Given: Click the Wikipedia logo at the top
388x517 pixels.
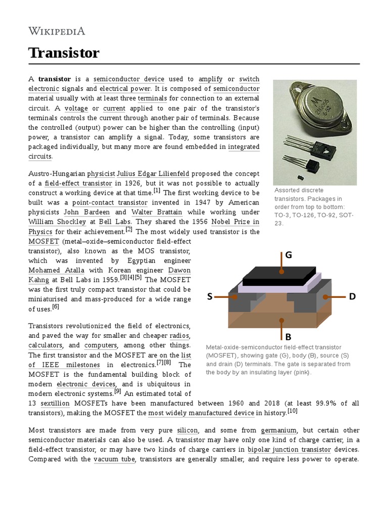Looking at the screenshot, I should pos(57,31).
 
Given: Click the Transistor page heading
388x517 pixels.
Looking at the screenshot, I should pos(64,53).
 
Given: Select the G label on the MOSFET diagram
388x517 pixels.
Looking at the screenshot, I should pos(288,255).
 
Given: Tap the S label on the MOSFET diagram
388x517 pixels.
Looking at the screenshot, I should pos(210,297).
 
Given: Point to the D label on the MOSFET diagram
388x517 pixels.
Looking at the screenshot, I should pos(352,297).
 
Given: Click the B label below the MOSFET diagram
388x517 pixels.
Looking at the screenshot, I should pos(288,337).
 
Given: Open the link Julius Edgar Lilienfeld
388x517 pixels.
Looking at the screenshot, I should pos(153,174).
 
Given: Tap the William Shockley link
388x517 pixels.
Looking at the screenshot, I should pos(57,222).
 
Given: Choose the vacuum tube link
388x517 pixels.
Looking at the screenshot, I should pos(114,459).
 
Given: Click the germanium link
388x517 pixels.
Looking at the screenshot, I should pos(279,430).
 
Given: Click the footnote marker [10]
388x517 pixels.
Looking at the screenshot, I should pos(293,411).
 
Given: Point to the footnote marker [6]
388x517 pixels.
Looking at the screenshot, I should pos(56,306).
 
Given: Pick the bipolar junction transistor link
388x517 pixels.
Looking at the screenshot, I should pos(287,449).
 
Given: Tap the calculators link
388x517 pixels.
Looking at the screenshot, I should pos(45,345).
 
